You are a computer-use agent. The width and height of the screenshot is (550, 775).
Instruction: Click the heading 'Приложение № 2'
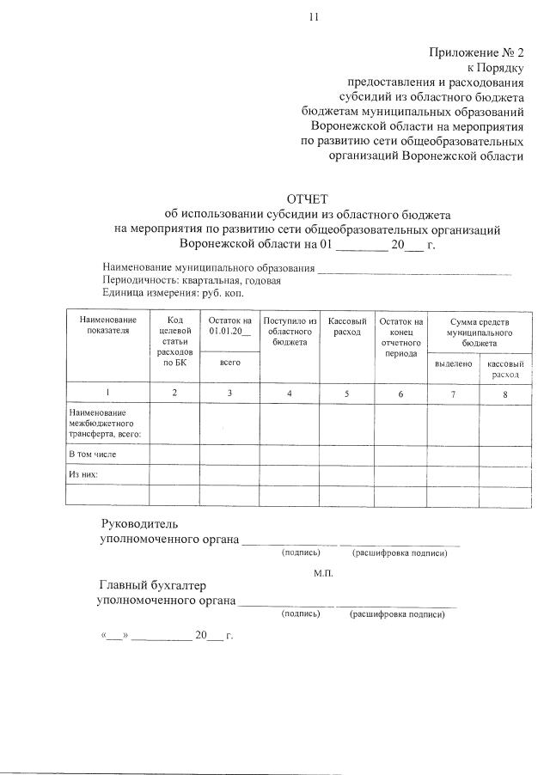pos(476,52)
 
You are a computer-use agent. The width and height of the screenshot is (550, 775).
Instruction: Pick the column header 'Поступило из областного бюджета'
pos(290,331)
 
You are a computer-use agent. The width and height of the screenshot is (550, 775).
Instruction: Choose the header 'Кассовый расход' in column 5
pos(347,326)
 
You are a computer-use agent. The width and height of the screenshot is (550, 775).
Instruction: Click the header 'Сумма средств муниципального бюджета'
pos(479,331)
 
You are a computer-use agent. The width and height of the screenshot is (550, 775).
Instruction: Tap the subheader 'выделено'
pos(453,364)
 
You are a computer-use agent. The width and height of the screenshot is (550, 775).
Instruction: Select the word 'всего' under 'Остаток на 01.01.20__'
pos(229,364)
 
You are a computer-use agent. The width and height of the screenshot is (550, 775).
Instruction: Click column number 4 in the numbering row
pos(290,393)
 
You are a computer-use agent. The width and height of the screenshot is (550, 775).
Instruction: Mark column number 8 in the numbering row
pos(505,394)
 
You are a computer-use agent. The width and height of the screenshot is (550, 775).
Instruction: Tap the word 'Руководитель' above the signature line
pos(140,523)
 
